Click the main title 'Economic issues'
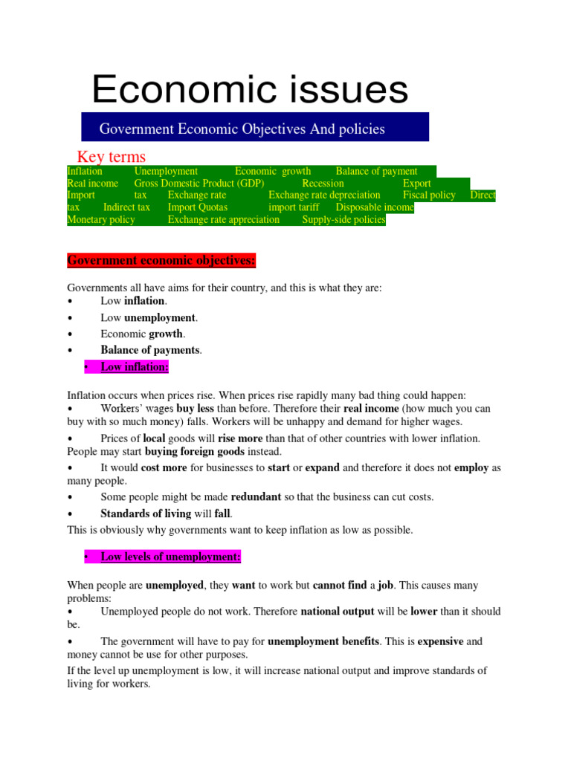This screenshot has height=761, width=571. (x=250, y=90)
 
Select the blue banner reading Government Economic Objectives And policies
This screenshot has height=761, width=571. (x=255, y=128)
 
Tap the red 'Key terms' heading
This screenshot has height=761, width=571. (x=112, y=156)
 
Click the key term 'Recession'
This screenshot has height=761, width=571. (x=323, y=184)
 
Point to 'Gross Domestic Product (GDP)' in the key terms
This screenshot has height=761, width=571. (x=199, y=184)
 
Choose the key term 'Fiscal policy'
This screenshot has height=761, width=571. (x=429, y=195)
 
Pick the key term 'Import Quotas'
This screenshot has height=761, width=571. (x=198, y=207)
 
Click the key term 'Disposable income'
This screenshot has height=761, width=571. (x=375, y=207)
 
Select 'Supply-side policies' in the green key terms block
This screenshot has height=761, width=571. (x=343, y=219)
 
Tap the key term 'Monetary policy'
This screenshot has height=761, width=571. (x=101, y=219)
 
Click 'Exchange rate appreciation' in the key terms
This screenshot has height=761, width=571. (x=224, y=219)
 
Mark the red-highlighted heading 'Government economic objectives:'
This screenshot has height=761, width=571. (x=161, y=261)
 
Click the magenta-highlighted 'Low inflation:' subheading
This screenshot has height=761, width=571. (x=135, y=366)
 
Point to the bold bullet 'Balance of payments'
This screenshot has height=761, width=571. (x=150, y=350)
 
